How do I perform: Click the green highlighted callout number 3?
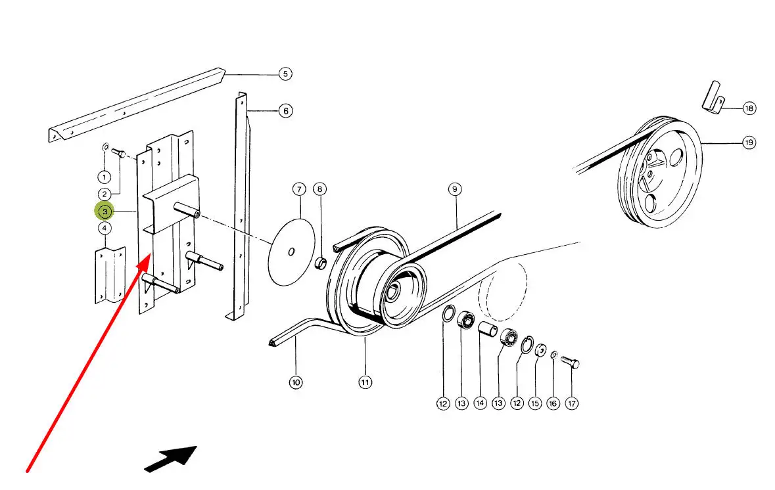pos(105,212)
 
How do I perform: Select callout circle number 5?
pos(285,74)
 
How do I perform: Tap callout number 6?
pos(285,111)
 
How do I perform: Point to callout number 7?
pos(299,190)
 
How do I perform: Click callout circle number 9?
pos(454,190)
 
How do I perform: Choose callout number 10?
pos(296,382)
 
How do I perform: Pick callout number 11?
pos(365,382)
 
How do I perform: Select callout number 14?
pos(481,403)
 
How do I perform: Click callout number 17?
pos(572,403)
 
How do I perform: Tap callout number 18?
pos(749,108)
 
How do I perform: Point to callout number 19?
pos(749,143)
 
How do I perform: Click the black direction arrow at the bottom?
pos(172,458)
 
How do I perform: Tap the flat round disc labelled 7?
pos(291,252)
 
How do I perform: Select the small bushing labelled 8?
pos(320,263)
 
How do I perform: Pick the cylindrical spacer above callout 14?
pos(487,328)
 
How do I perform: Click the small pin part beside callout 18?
pos(713,97)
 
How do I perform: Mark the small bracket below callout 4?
pos(110,274)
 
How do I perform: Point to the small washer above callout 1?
pos(106,147)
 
